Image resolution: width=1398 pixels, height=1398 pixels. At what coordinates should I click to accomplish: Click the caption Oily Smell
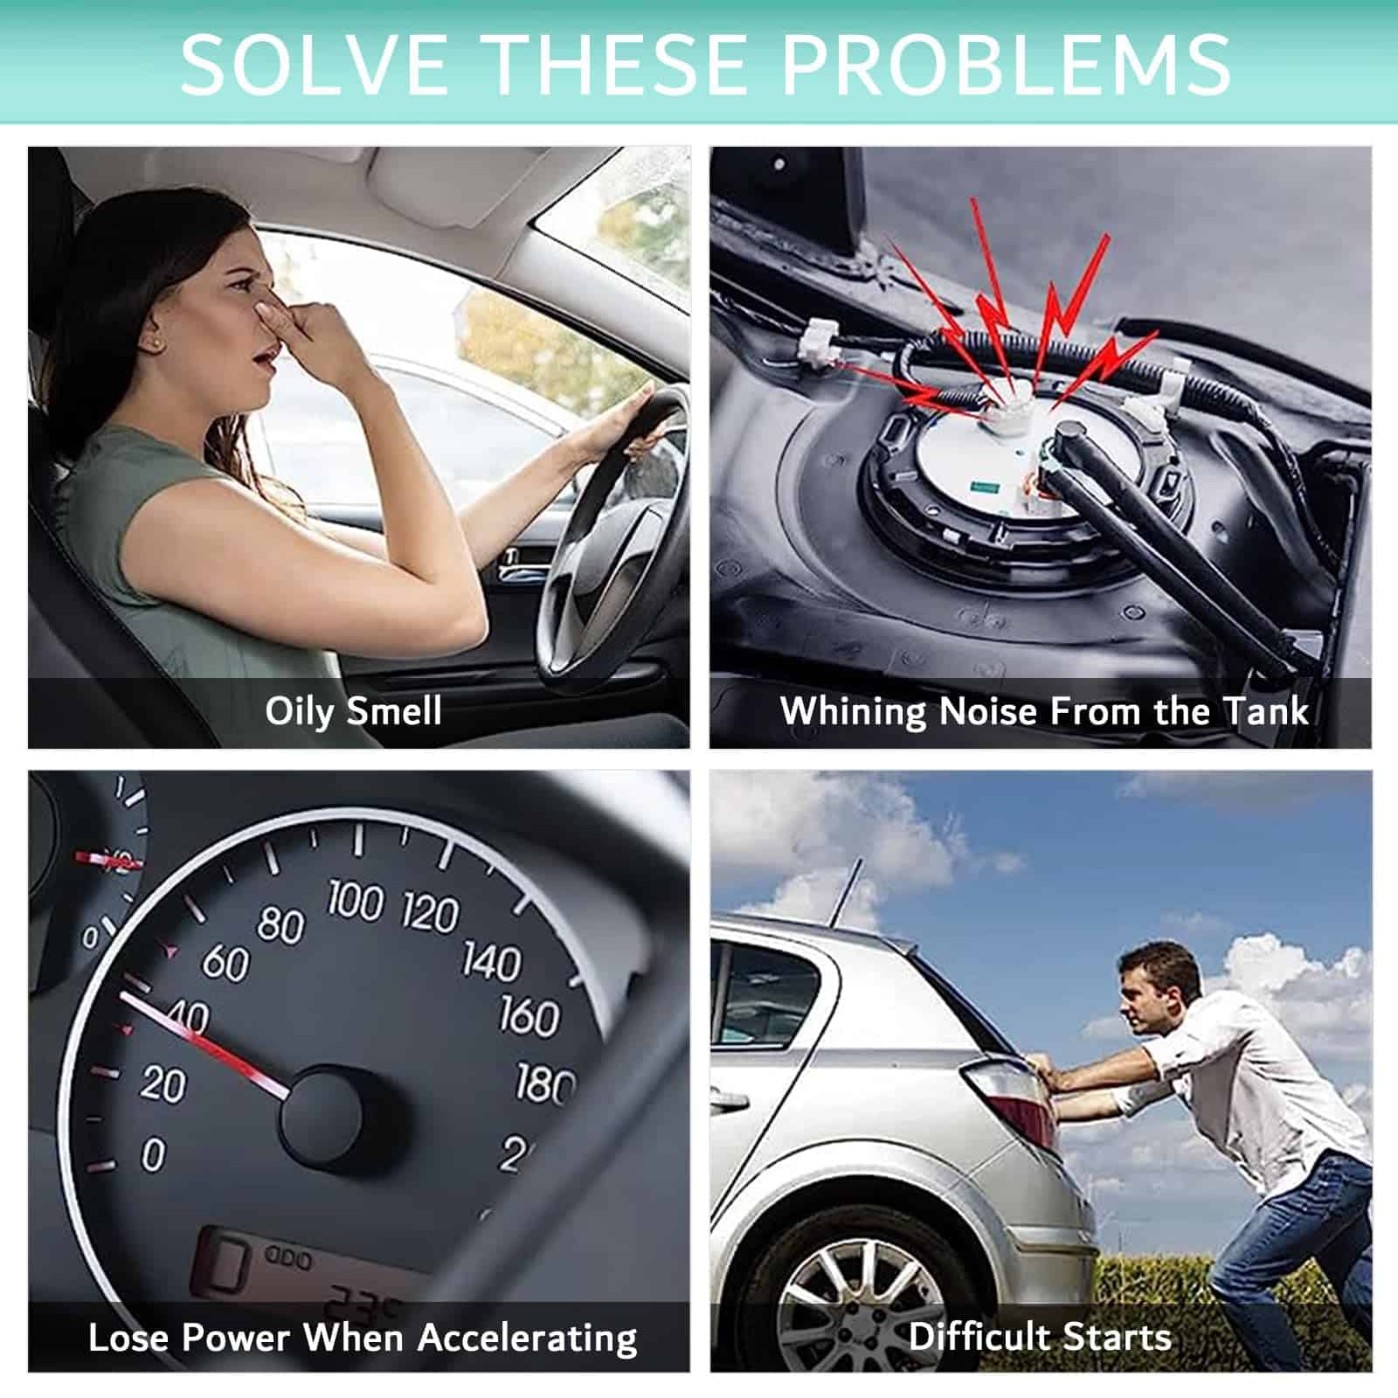click(x=353, y=711)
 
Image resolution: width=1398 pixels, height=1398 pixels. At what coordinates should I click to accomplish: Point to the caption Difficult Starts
click(x=1040, y=1337)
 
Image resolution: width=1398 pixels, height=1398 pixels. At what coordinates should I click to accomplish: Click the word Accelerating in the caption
click(x=528, y=1339)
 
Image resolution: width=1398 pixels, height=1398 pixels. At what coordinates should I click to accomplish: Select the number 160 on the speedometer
click(x=529, y=1016)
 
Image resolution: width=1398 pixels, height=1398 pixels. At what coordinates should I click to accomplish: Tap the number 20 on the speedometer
click(x=163, y=1084)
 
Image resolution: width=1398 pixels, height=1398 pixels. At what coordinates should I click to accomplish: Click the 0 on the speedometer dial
click(x=153, y=1154)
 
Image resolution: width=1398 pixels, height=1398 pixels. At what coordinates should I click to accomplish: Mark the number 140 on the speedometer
click(x=491, y=960)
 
